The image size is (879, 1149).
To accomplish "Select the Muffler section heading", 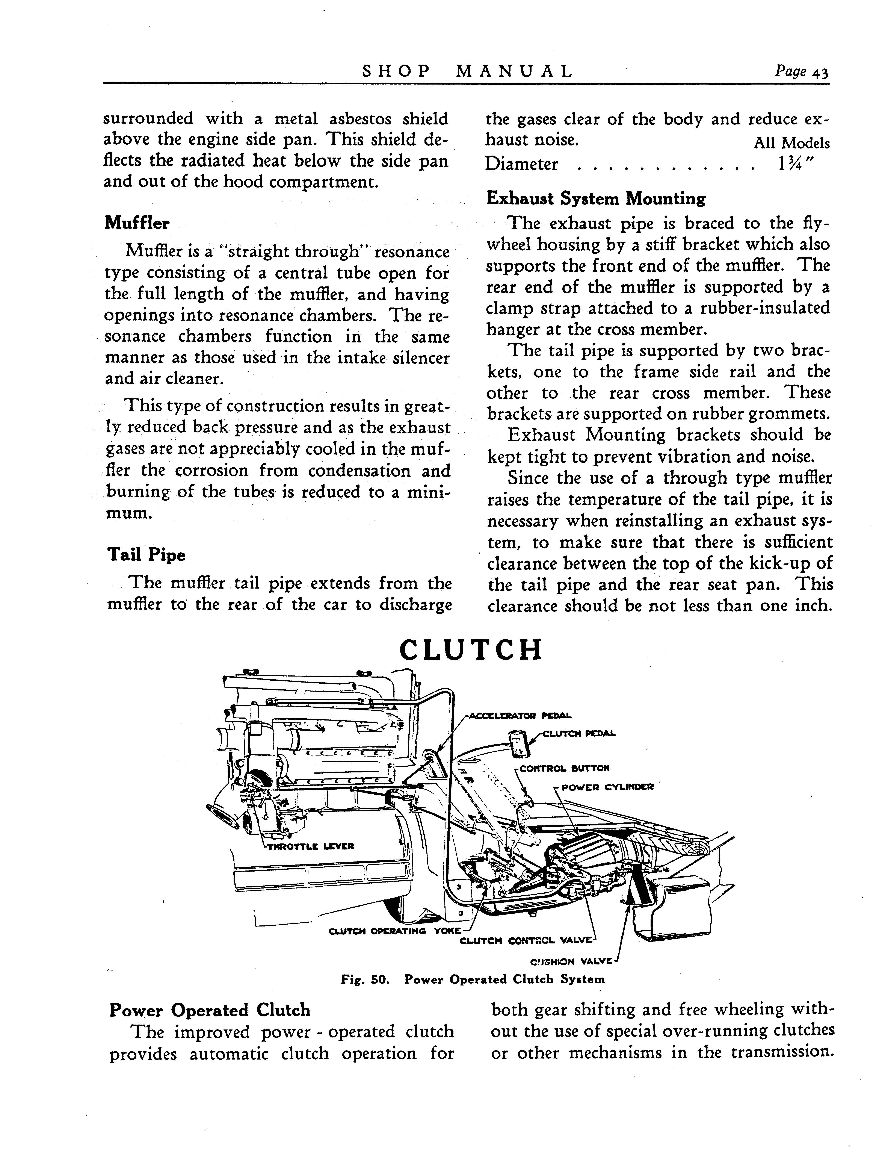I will click(x=137, y=223).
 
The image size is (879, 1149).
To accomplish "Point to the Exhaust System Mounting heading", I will click(x=596, y=199).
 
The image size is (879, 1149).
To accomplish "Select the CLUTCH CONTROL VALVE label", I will click(x=526, y=941).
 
